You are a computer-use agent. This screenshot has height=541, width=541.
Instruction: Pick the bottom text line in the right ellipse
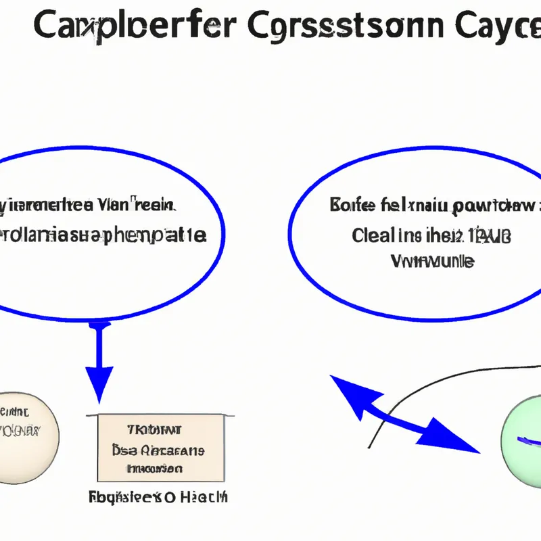point(433,260)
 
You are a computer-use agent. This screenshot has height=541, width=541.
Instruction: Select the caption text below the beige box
point(158,498)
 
